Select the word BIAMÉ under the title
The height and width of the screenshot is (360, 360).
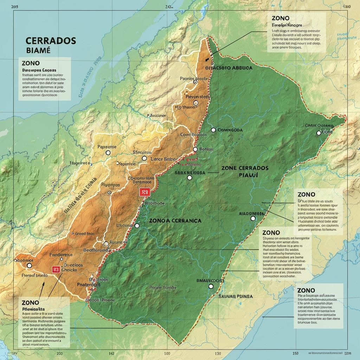click(38, 50)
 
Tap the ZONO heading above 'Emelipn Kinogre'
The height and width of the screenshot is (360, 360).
click(281, 18)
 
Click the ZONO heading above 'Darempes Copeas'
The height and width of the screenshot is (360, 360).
click(30, 63)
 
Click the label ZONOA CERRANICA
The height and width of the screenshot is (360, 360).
click(175, 220)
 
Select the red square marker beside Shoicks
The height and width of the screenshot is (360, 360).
click(56, 269)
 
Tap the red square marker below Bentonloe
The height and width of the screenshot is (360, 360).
click(144, 192)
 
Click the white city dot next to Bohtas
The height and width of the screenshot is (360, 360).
click(195, 149)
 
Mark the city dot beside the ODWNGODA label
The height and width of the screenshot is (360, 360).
click(213, 130)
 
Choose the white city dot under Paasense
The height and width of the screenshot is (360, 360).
click(108, 153)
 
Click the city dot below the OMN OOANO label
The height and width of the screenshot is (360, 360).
click(319, 133)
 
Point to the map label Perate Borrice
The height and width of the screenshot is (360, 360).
click(163, 288)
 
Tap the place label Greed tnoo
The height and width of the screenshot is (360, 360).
click(85, 233)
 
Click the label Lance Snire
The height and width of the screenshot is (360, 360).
click(162, 159)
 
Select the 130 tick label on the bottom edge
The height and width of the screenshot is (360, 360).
click(218, 353)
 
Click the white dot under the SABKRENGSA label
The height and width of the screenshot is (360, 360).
click(190, 178)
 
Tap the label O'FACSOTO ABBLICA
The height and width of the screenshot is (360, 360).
click(229, 68)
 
